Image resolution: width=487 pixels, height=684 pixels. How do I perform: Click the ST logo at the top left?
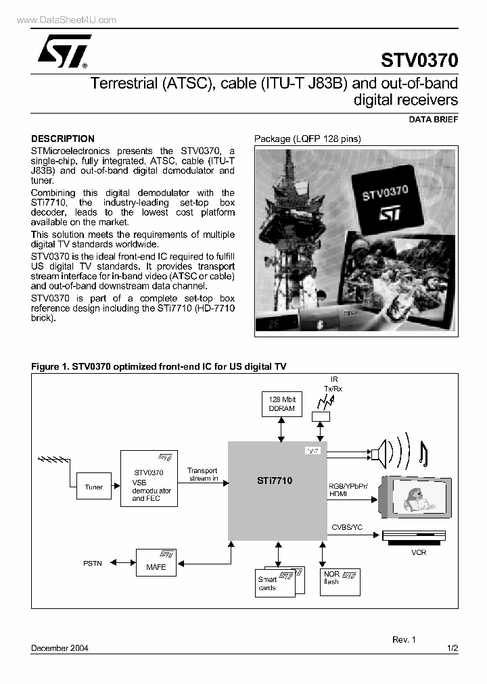pos(60,54)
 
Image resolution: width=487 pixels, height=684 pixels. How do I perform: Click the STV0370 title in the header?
pos(419,61)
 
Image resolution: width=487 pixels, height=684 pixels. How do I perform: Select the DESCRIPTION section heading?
pos(63,139)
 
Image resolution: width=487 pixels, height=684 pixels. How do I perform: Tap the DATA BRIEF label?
pos(434,119)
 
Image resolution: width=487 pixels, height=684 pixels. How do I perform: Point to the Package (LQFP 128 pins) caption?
pos(308,139)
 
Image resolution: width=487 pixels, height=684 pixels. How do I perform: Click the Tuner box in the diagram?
pos(94,487)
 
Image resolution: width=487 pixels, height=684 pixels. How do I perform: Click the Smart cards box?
pos(275,583)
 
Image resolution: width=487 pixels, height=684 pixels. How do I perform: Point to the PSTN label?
pos(93,562)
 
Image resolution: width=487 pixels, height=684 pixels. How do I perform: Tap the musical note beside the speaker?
pos(423,454)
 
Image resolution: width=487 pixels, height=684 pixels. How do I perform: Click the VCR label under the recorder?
pos(419,552)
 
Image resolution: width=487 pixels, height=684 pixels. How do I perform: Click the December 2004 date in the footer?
pos(60,648)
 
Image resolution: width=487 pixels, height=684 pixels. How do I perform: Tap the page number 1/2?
pos(453,648)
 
